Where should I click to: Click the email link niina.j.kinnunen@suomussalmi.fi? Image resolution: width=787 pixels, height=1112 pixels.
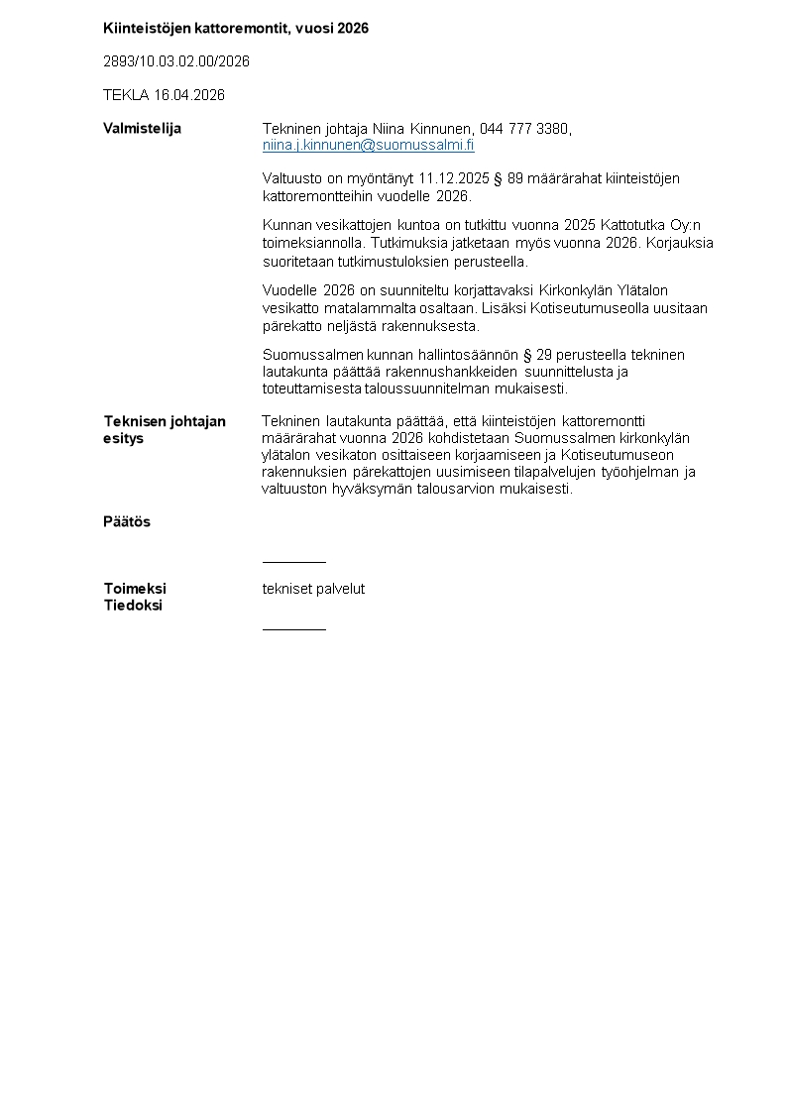click(x=368, y=146)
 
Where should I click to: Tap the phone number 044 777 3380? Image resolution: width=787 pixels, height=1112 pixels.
click(x=524, y=129)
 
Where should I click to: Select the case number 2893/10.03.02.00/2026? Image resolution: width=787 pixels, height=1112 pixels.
click(x=176, y=61)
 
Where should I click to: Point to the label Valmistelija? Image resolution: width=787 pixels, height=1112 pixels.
click(x=142, y=129)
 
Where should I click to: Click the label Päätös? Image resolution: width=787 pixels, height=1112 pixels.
click(x=127, y=522)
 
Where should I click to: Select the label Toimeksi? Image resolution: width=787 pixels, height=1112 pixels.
click(x=135, y=589)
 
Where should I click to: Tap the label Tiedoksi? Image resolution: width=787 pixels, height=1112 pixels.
click(x=133, y=606)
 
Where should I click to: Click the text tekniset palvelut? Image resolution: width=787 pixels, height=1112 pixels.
click(x=313, y=589)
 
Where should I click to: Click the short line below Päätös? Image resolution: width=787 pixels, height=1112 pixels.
click(x=293, y=562)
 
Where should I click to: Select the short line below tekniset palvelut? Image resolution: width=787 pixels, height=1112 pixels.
click(x=293, y=628)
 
